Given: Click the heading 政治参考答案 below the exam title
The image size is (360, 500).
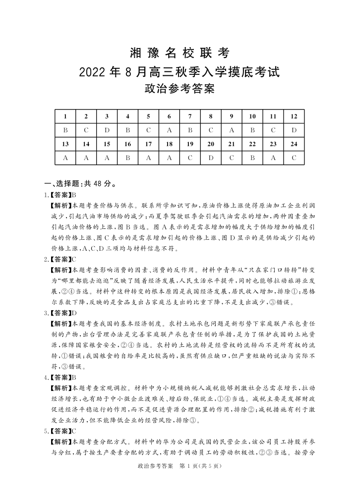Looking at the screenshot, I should (x=180, y=90).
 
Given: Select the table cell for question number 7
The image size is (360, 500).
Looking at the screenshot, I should (x=190, y=116).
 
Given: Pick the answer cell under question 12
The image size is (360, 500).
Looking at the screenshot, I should (x=294, y=130).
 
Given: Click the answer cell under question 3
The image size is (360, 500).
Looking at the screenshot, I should (x=107, y=130).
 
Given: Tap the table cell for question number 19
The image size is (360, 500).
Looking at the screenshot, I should (x=190, y=144).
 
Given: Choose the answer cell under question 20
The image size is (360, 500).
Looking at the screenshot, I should (x=211, y=158).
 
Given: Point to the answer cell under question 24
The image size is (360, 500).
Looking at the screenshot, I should (x=294, y=158).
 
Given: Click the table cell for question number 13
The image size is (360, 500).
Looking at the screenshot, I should (x=65, y=144).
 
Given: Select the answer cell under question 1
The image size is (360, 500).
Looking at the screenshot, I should (x=65, y=130).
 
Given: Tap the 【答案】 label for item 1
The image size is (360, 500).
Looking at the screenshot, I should (x=61, y=195).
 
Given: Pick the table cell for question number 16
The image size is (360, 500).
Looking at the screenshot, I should (x=127, y=144).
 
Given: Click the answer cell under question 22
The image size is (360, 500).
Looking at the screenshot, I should (x=252, y=158).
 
